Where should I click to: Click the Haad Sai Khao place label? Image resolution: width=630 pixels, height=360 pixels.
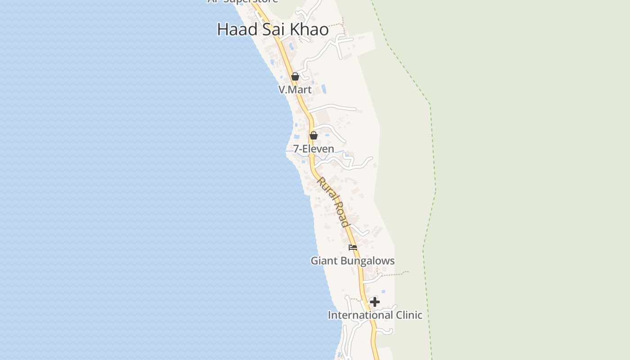click(273, 30)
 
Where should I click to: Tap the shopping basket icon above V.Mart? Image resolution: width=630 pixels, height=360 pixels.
click(295, 76)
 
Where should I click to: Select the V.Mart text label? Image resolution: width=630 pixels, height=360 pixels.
click(295, 90)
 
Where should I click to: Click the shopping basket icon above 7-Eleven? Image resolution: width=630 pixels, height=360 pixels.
click(314, 135)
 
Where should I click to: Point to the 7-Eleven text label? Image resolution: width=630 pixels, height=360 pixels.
click(314, 148)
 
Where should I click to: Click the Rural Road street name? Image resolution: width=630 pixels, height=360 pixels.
click(333, 202)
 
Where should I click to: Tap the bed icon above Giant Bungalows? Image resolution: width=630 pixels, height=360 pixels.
click(353, 247)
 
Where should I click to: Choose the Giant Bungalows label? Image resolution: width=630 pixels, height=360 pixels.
click(353, 261)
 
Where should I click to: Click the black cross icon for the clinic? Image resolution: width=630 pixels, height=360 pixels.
click(375, 302)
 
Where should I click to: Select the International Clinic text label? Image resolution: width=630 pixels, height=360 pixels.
click(375, 315)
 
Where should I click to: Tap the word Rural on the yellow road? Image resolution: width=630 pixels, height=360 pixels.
click(326, 189)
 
